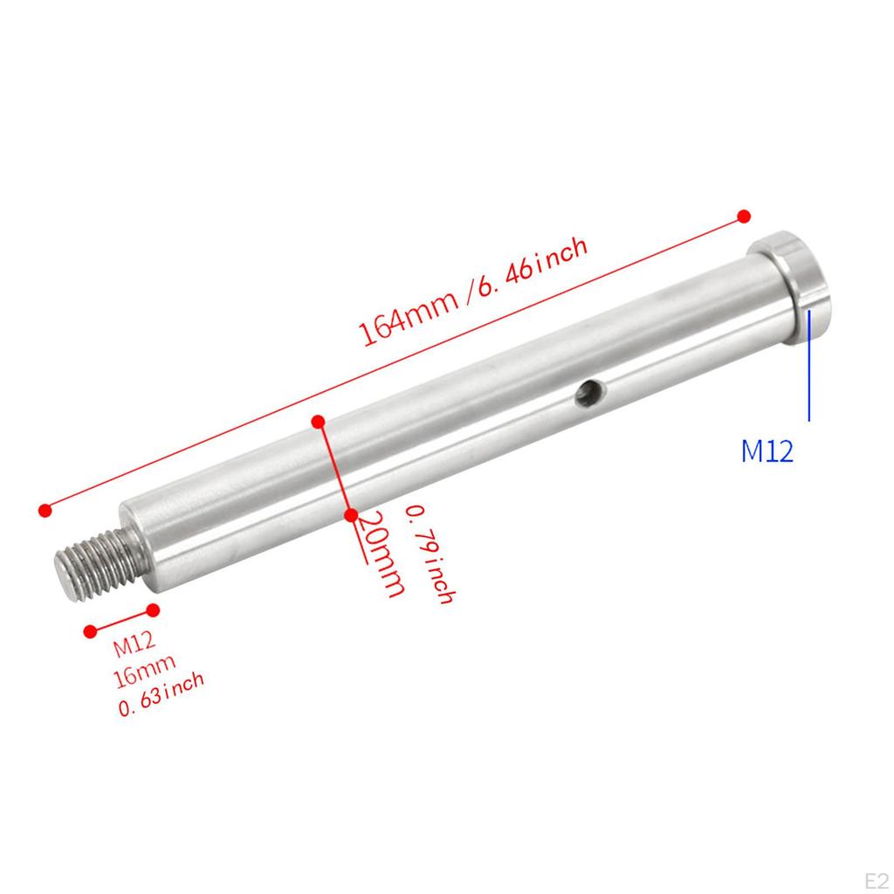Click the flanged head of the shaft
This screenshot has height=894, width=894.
(x=794, y=279)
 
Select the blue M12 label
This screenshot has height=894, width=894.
(x=767, y=451)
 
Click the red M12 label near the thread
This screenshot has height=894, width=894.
(x=134, y=647)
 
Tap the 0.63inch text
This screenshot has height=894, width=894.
(x=162, y=694)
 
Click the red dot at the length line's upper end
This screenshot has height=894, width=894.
(x=744, y=216)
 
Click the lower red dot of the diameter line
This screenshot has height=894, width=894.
(x=350, y=516)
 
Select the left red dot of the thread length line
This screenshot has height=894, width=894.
(x=89, y=630)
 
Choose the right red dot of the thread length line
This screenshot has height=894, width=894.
(x=154, y=609)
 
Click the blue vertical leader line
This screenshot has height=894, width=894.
(x=809, y=367)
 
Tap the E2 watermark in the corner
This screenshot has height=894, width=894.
(x=874, y=876)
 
